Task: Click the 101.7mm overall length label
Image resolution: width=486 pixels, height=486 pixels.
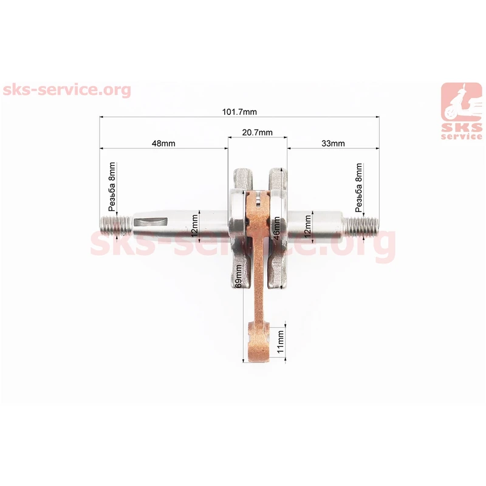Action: pyautogui.click(x=239, y=112)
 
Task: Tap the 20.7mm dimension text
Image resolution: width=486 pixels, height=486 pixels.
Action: pyautogui.click(x=257, y=132)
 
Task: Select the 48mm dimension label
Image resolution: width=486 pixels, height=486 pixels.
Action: pyautogui.click(x=163, y=143)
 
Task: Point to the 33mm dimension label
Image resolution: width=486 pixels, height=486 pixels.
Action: pyautogui.click(x=333, y=143)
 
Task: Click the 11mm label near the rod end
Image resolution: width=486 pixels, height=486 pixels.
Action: pyautogui.click(x=280, y=341)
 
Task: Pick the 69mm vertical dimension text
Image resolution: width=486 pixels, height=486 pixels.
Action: pyautogui.click(x=238, y=276)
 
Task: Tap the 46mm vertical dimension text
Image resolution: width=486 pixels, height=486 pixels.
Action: pyautogui.click(x=276, y=228)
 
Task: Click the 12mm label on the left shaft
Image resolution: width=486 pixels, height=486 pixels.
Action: pyautogui.click(x=194, y=226)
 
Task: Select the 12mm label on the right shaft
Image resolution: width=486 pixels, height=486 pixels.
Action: pyautogui.click(x=307, y=227)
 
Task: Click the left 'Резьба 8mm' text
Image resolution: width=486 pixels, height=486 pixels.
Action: pyautogui.click(x=112, y=187)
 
